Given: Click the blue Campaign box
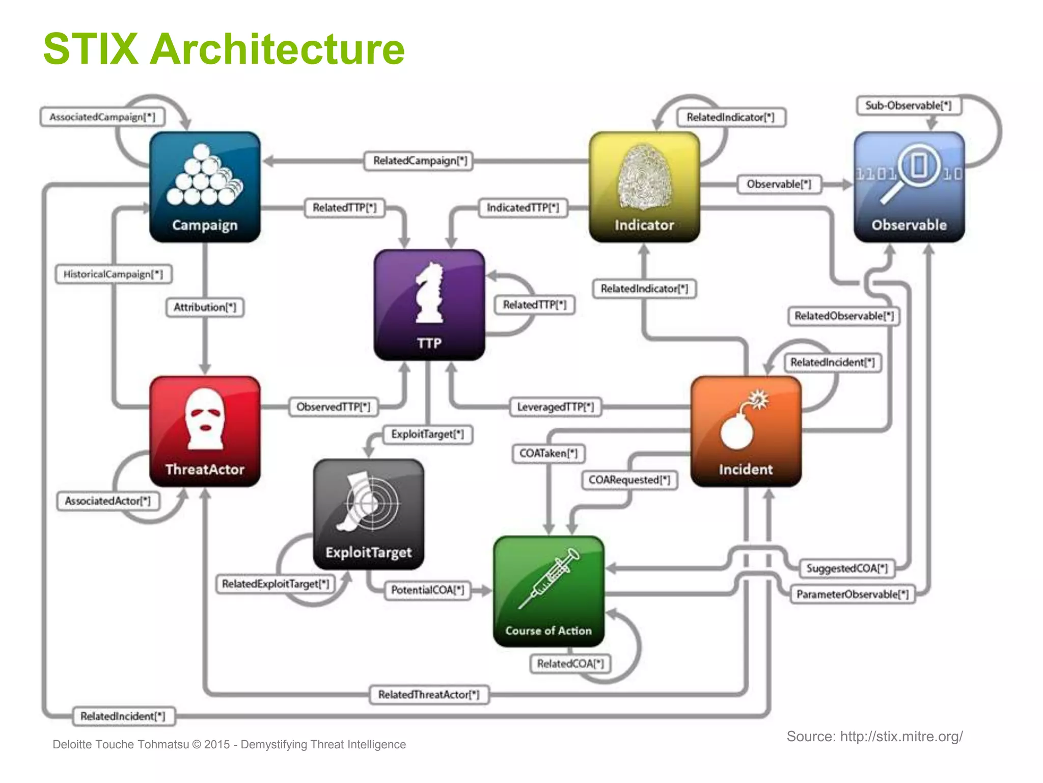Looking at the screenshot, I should pyautogui.click(x=205, y=187).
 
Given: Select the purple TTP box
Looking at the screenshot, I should pyautogui.click(x=429, y=305).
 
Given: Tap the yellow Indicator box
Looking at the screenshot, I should pyautogui.click(x=644, y=187).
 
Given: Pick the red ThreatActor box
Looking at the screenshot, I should pyautogui.click(x=205, y=431).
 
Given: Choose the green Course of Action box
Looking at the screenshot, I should pyautogui.click(x=548, y=591).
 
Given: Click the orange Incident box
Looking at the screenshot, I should pyautogui.click(x=746, y=431).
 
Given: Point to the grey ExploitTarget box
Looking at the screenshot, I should pyautogui.click(x=369, y=514).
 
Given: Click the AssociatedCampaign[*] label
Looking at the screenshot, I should pyautogui.click(x=102, y=117).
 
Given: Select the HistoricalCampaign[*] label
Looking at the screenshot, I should pyautogui.click(x=113, y=274).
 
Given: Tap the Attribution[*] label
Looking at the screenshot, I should pyautogui.click(x=205, y=307).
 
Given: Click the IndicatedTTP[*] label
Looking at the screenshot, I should pyautogui.click(x=523, y=208).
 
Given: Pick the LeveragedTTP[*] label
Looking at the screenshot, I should pyautogui.click(x=555, y=407).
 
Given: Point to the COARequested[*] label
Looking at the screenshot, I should pyautogui.click(x=629, y=480).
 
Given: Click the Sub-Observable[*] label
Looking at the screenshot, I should pyautogui.click(x=908, y=106).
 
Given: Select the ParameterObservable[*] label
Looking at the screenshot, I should pyautogui.click(x=852, y=594).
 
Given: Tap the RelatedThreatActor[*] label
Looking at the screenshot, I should pyautogui.click(x=429, y=695).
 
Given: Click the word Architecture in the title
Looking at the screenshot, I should pyautogui.click(x=277, y=49).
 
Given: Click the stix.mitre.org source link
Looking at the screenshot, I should pyautogui.click(x=901, y=737).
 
